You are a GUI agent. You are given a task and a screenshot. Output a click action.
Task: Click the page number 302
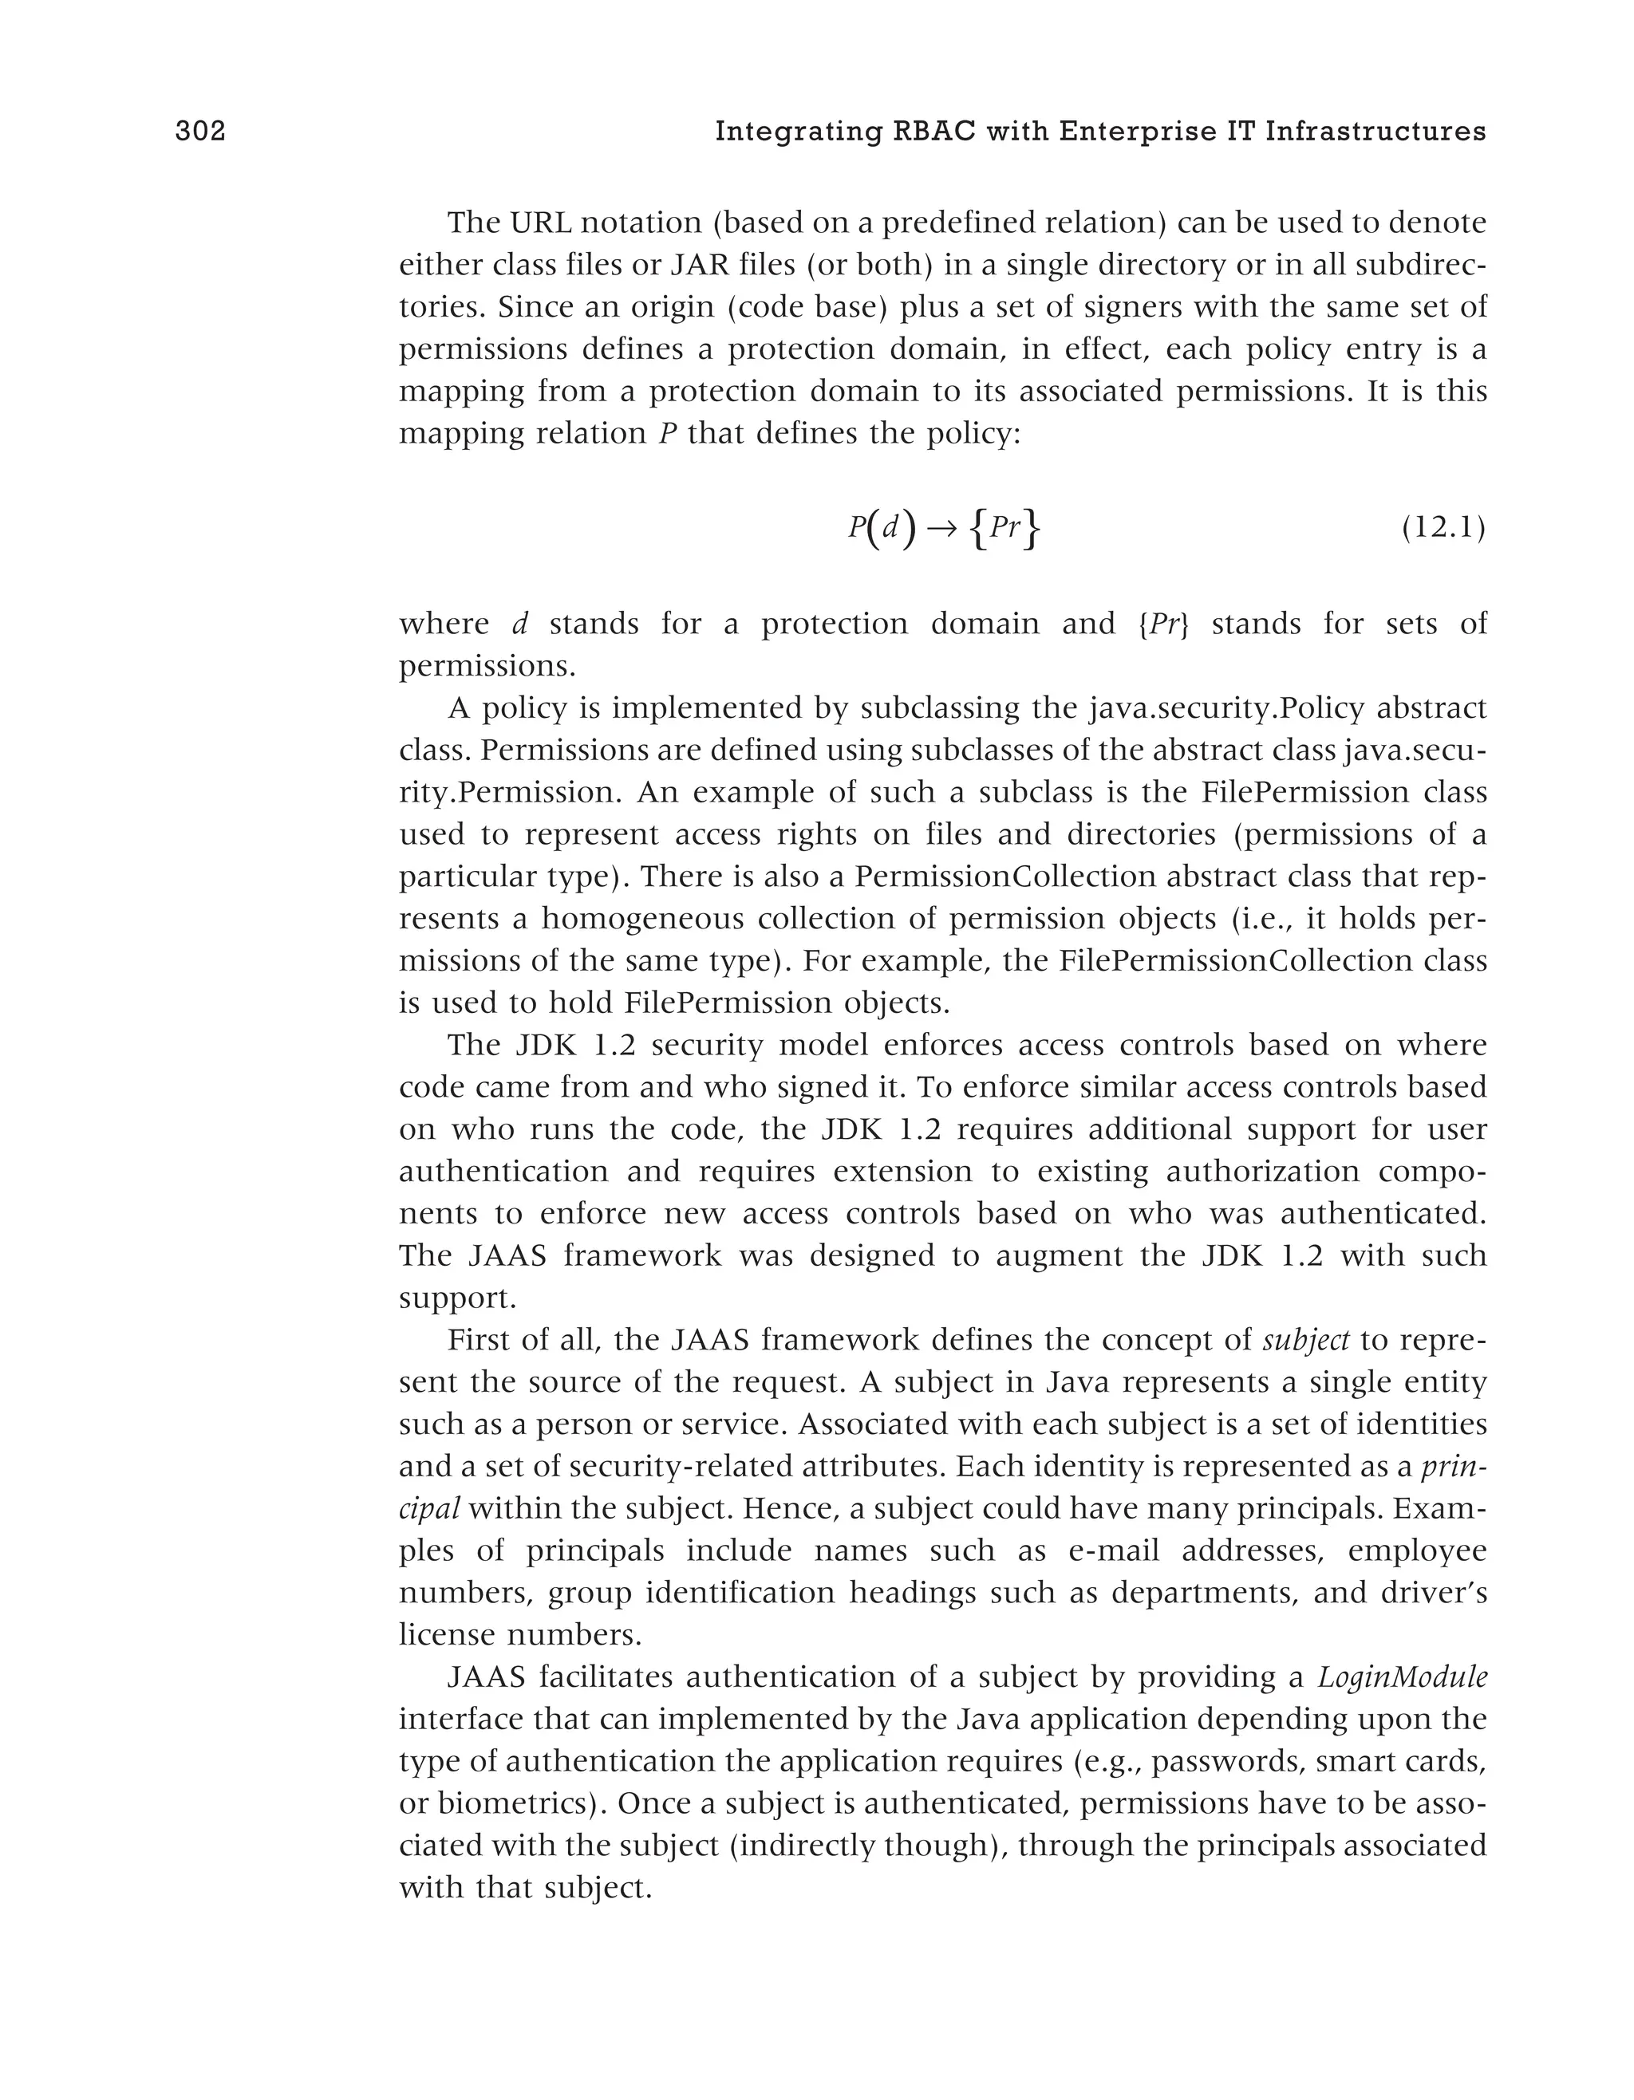tap(200, 132)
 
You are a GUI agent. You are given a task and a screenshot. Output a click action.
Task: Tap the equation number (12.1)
tap(1443, 528)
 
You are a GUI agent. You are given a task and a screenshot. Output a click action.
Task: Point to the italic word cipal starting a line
tap(429, 1509)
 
